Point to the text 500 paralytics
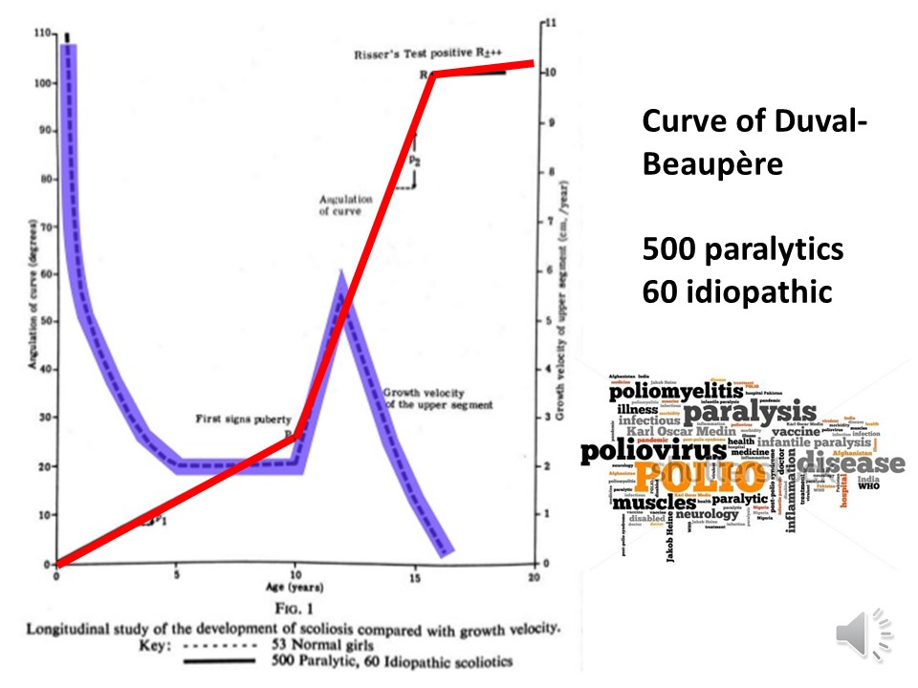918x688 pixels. tap(743, 249)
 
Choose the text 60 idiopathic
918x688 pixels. tap(736, 290)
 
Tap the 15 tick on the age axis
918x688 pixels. tap(414, 576)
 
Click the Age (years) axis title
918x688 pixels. tap(296, 590)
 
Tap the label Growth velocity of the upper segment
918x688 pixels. tap(438, 398)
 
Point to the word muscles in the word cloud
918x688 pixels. tap(654, 503)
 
